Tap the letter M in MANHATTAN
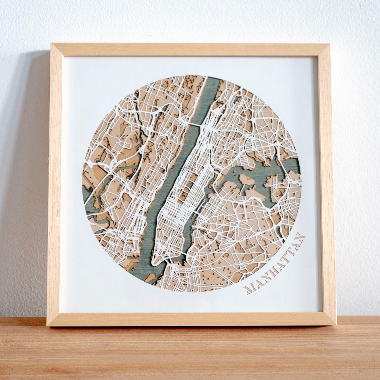coord(249,288)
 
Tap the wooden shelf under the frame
coord(190,351)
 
